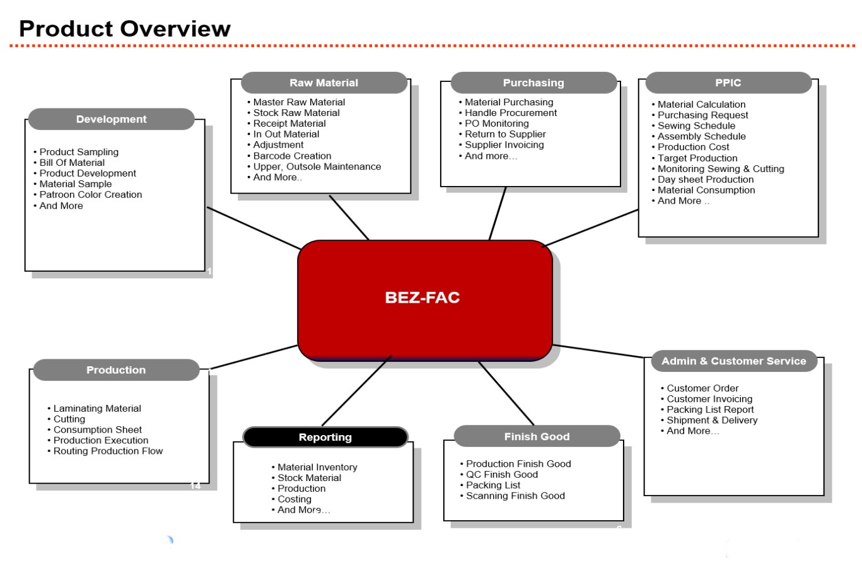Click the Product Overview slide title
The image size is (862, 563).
[x=125, y=29]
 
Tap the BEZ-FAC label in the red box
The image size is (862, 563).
[x=422, y=298]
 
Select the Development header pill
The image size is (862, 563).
[x=111, y=119]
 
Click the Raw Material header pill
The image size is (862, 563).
[x=323, y=83]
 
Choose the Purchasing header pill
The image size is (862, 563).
[x=533, y=83]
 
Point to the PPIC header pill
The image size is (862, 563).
[x=728, y=83]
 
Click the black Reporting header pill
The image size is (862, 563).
[x=325, y=437]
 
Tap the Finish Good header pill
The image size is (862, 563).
[x=537, y=436]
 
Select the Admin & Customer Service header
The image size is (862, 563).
[x=734, y=361]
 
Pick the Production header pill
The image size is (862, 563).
[x=116, y=370]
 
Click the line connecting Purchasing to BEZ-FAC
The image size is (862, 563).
[x=498, y=214]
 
